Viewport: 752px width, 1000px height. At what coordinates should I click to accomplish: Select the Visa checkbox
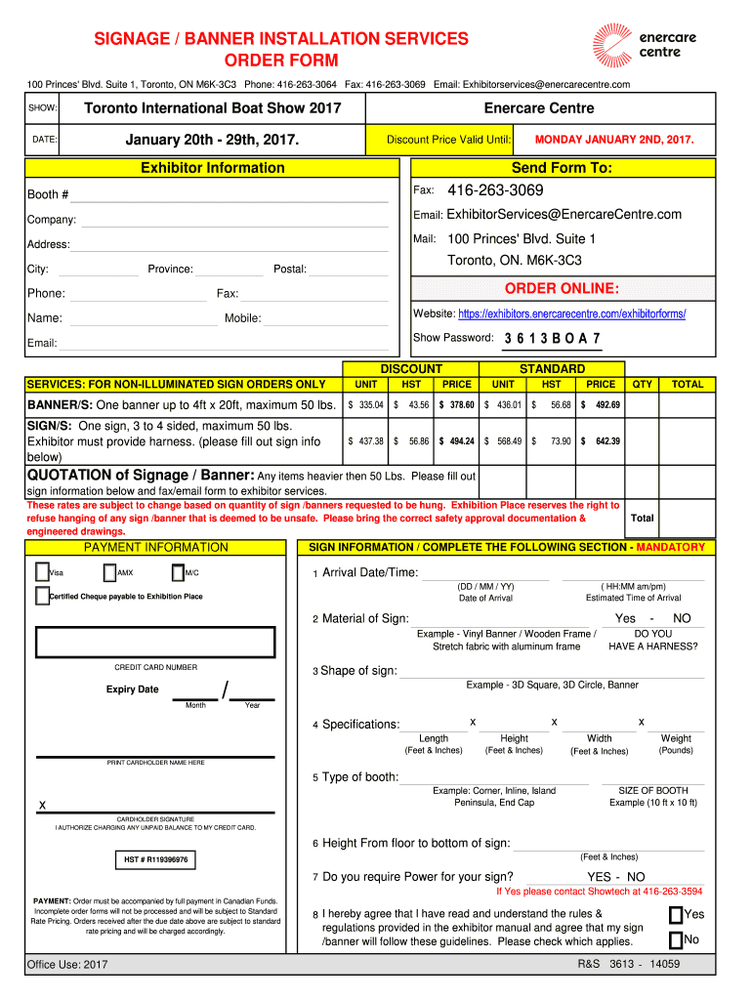[x=41, y=572]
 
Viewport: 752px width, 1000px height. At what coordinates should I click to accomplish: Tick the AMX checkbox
[x=109, y=572]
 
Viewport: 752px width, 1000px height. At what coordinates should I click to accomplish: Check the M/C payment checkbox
[x=177, y=572]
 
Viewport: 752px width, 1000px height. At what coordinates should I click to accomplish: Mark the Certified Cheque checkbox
[x=41, y=596]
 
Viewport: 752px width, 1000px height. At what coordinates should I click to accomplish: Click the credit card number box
[x=155, y=642]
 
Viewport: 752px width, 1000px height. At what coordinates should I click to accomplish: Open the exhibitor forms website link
[x=571, y=313]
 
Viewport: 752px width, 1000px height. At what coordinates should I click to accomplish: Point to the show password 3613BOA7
[x=552, y=339]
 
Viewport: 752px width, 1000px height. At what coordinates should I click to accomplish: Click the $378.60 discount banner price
[x=456, y=404]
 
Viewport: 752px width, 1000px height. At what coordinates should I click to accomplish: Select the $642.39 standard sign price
[x=601, y=440]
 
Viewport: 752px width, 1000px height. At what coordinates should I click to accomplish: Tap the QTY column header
[x=642, y=384]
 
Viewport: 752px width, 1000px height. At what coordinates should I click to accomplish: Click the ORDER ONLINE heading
[x=561, y=288]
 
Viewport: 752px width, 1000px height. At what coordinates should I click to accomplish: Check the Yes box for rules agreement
[x=675, y=915]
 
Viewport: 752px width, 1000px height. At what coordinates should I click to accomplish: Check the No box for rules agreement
[x=675, y=940]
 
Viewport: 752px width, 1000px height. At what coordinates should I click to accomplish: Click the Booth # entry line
[x=230, y=194]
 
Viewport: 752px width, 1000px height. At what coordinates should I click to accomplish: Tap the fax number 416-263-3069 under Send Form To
[x=495, y=190]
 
